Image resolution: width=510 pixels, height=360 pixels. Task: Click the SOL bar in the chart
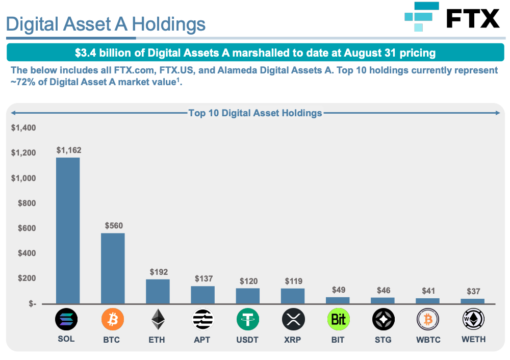(x=68, y=230)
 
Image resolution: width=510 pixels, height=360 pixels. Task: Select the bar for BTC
(x=113, y=268)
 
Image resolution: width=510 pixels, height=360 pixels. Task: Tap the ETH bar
(x=158, y=291)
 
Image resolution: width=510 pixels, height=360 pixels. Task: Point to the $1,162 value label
(x=69, y=150)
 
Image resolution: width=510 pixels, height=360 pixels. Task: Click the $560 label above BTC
(x=114, y=225)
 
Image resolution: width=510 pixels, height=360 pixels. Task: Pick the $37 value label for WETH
(x=474, y=291)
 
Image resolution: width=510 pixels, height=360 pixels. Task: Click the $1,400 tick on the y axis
(x=23, y=127)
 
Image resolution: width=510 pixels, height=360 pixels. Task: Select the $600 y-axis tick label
(x=26, y=228)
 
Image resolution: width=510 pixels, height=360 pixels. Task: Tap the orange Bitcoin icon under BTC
(x=113, y=320)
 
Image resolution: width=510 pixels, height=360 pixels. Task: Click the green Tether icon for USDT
(x=247, y=320)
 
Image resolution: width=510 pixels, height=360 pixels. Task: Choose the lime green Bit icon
(x=338, y=320)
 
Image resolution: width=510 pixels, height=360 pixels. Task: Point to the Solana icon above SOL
(x=66, y=320)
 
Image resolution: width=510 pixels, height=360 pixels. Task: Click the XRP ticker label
(x=293, y=340)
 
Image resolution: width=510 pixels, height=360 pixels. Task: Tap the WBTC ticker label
(x=428, y=340)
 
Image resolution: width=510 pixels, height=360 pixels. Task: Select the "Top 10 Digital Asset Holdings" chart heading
(x=255, y=113)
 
